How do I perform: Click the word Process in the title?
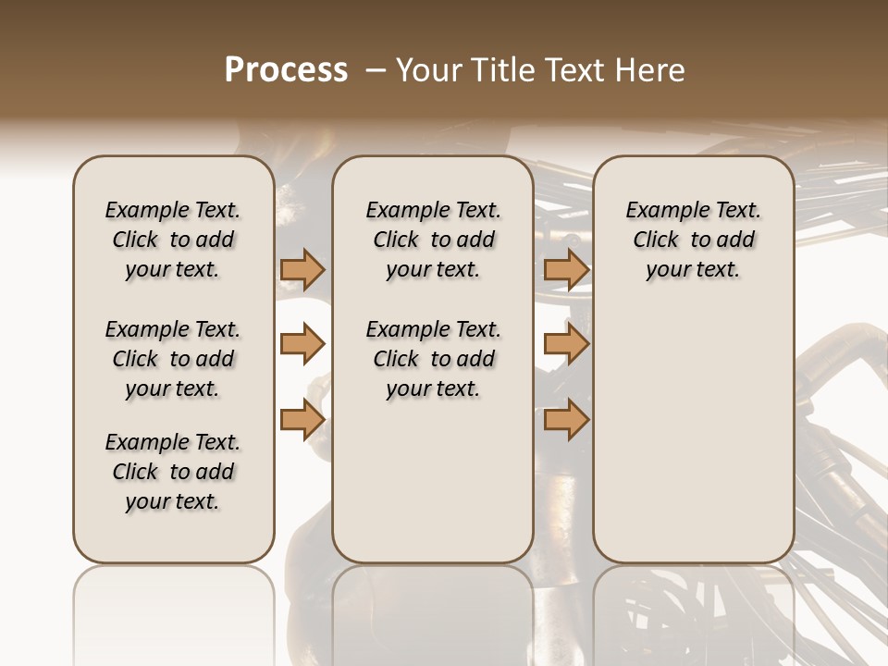click(286, 70)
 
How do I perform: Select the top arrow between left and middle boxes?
click(302, 269)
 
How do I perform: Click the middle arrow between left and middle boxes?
click(302, 344)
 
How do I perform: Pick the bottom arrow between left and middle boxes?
click(302, 420)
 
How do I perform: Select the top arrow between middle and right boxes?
click(566, 269)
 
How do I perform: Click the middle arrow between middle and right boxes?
click(566, 344)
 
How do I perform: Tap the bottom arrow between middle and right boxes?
click(566, 420)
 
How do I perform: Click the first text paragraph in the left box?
click(173, 240)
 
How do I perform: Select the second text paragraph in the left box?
click(173, 359)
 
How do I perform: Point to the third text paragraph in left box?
click(173, 472)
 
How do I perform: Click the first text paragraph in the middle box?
click(433, 240)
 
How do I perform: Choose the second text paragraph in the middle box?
click(433, 359)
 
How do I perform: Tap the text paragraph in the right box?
click(693, 240)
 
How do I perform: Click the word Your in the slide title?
click(427, 70)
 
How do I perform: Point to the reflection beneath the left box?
click(174, 610)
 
